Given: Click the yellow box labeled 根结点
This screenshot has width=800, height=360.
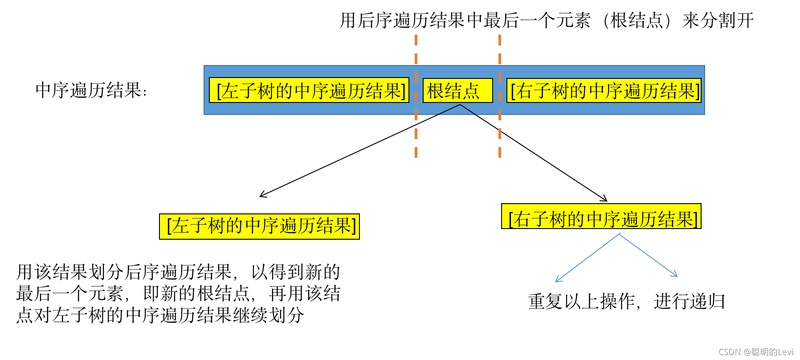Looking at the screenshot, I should coord(457,91).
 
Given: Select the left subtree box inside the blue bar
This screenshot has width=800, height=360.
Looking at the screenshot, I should coord(309,91).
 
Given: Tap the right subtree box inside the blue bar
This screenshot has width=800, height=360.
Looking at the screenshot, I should coord(604,91).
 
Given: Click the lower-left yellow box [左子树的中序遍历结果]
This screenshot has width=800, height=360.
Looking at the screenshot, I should coord(259,226).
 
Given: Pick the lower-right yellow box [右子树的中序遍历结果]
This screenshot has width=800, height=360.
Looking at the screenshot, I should coord(601,217).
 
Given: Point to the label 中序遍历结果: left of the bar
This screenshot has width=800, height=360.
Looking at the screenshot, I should coord(91,90).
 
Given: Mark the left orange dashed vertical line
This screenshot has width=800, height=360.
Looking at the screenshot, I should coord(416,96).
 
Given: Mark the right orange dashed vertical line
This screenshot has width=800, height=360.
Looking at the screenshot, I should coord(500,96).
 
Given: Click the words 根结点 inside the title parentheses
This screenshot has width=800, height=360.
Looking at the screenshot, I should coord(637,20).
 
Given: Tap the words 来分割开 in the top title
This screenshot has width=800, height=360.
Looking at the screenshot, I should coord(718,20).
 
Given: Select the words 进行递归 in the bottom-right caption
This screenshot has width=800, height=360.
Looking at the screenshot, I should coord(689,302).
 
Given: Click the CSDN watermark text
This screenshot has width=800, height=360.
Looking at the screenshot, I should coord(756,352).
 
